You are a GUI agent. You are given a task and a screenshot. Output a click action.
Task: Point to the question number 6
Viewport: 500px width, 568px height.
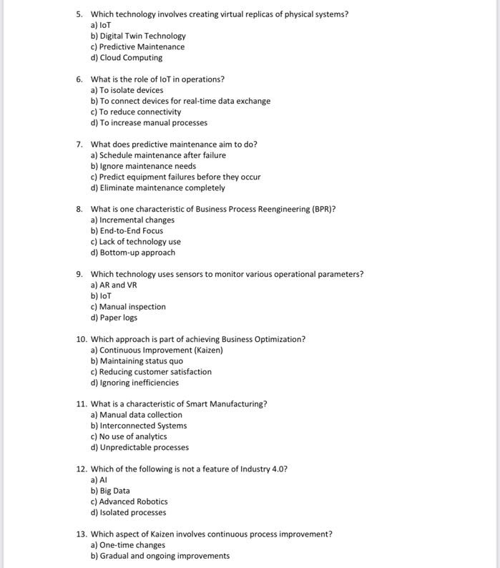click(79, 79)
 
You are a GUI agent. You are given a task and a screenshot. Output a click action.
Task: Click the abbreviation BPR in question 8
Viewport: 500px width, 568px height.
click(322, 210)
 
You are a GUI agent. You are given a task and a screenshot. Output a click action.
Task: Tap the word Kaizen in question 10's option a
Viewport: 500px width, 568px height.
click(207, 351)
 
